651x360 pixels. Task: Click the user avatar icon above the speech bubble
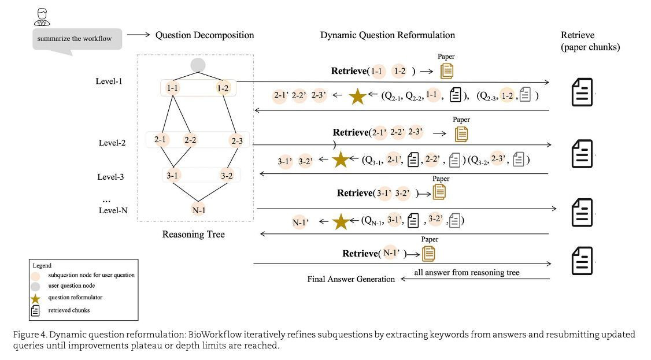tap(42, 17)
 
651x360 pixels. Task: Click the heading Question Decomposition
tap(204, 35)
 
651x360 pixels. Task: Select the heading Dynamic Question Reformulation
tap(387, 35)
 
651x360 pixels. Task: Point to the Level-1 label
tap(109, 81)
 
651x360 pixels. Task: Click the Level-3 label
tap(110, 177)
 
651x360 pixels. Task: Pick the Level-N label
tap(113, 210)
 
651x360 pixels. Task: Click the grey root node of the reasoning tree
tap(198, 65)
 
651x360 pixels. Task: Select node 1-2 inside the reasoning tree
tap(223, 88)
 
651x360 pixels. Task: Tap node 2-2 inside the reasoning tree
tap(191, 140)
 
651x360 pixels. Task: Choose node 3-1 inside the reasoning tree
tap(173, 175)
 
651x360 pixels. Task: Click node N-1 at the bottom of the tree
tap(198, 210)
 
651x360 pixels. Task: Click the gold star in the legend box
tap(35, 298)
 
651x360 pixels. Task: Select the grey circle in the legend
tap(35, 286)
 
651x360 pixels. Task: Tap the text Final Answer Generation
tap(351, 279)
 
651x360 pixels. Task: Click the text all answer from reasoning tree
tap(467, 272)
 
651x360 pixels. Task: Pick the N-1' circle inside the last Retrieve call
tap(391, 253)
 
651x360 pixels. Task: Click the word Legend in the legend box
tap(42, 265)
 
